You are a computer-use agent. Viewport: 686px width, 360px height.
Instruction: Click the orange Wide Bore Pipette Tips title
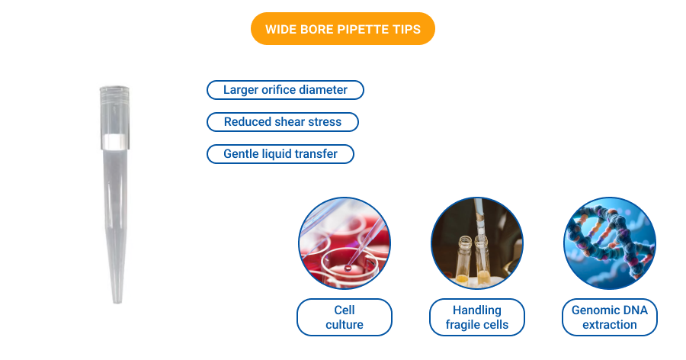click(x=342, y=29)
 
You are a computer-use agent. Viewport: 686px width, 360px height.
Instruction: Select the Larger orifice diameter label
click(x=285, y=90)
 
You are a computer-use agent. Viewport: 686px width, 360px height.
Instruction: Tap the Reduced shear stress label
click(x=282, y=122)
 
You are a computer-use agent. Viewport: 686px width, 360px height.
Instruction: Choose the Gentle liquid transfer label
click(x=280, y=154)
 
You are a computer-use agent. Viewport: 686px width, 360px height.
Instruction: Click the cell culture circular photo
click(x=345, y=243)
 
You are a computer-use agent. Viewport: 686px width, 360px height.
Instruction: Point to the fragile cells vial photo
click(x=477, y=243)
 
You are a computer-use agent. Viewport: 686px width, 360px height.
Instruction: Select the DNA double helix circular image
click(x=610, y=243)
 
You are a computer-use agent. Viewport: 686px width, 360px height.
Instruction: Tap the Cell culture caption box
click(x=345, y=317)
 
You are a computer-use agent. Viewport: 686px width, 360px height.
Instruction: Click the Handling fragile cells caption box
click(x=477, y=317)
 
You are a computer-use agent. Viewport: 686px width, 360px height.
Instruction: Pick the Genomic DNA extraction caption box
click(x=610, y=317)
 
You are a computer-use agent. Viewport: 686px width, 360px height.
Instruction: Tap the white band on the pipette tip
click(x=114, y=142)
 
